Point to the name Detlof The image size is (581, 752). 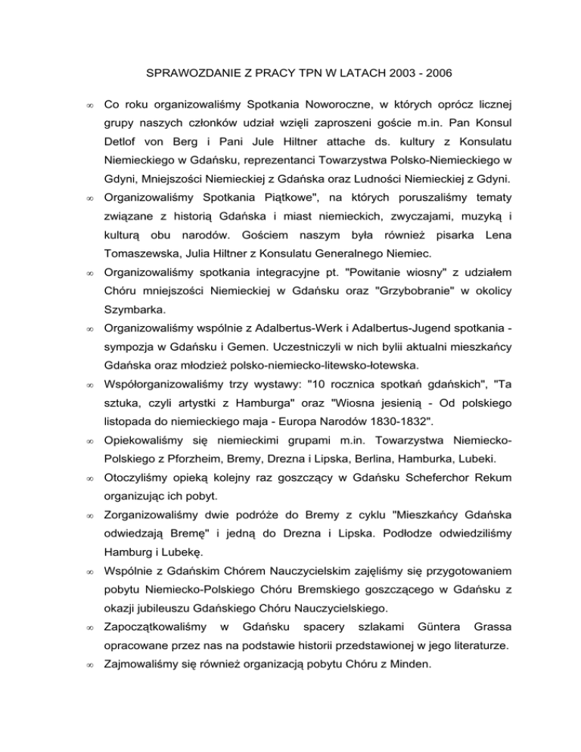pos(123,162)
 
